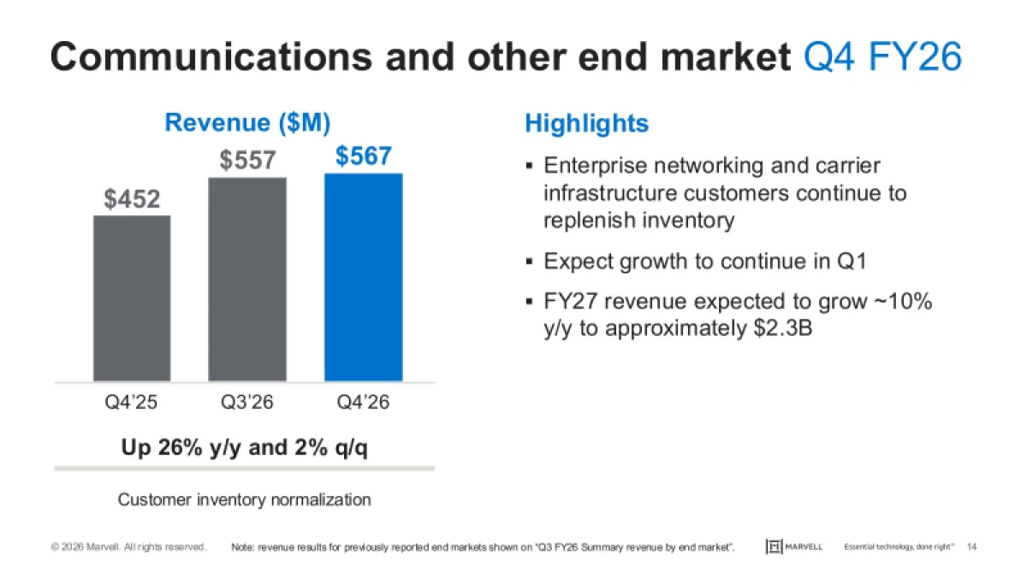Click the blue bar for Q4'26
pos(363,277)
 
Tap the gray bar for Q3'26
pos(247,279)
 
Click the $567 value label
pos(363,156)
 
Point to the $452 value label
pos(132,199)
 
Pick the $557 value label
pos(247,160)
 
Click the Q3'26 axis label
pos(247,401)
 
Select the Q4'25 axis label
pos(132,401)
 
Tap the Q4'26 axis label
pos(363,401)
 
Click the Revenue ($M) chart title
pos(246,122)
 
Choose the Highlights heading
pos(586,123)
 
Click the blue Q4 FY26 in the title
pos(883,57)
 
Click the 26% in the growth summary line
pos(178,448)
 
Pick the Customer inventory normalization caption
pos(244,499)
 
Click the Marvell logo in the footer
pos(794,547)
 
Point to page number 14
pos(971,547)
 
